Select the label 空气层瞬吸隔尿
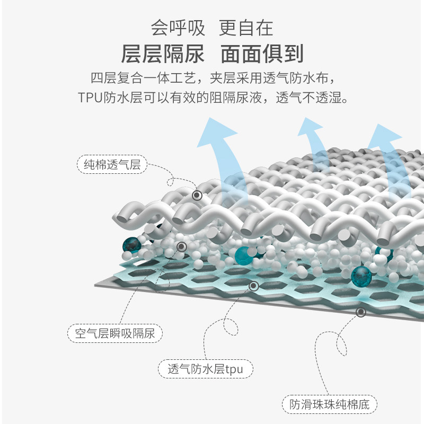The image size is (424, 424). pos(115,334)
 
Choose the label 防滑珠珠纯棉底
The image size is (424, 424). pos(330,405)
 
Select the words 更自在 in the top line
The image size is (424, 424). pos(246,28)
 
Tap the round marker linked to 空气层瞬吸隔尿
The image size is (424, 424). pos(182,246)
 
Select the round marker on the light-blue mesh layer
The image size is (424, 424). pos(253,287)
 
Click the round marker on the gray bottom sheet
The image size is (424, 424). pos(360,312)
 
